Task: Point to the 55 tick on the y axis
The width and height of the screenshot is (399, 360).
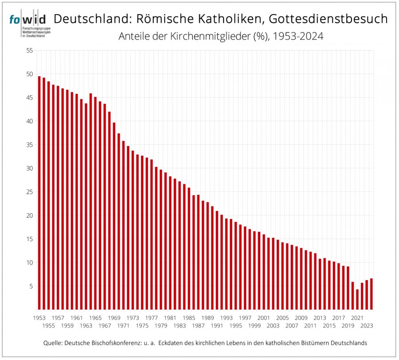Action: pyautogui.click(x=30, y=51)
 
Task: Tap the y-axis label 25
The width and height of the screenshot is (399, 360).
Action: pyautogui.click(x=30, y=192)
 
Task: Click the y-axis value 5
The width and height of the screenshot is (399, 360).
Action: pyautogui.click(x=31, y=286)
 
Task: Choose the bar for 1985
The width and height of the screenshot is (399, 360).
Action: pyautogui.click(x=189, y=249)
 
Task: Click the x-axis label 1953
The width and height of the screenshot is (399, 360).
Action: pyautogui.click(x=39, y=318)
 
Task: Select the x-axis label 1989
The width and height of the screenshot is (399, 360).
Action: pyautogui.click(x=207, y=318)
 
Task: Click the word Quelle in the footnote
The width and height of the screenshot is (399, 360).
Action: pyautogui.click(x=54, y=344)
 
